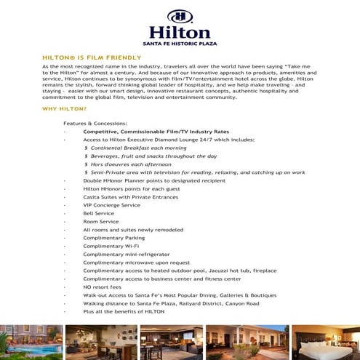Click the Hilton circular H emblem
pos(180,17)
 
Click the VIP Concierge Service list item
pos(112,205)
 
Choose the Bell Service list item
pos(99,213)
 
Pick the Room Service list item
pos(101,222)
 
